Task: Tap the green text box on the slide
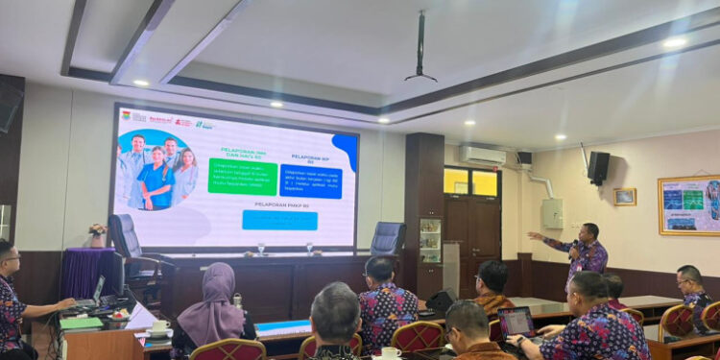click(x=242, y=177)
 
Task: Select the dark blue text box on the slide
click(x=310, y=180)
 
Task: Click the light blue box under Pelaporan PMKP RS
click(x=279, y=220)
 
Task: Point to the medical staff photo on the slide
click(x=158, y=169)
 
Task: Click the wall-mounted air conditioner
click(x=483, y=155)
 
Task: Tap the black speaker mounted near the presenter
click(x=599, y=167)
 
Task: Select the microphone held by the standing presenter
click(x=574, y=248)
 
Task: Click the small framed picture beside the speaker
click(x=625, y=197)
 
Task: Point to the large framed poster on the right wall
click(x=688, y=205)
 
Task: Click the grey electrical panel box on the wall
click(x=552, y=213)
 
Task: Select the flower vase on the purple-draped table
click(x=97, y=233)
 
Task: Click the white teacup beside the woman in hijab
click(x=160, y=328)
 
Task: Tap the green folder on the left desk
click(x=81, y=324)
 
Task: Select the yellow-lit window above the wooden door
click(x=471, y=182)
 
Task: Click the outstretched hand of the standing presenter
click(x=533, y=235)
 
